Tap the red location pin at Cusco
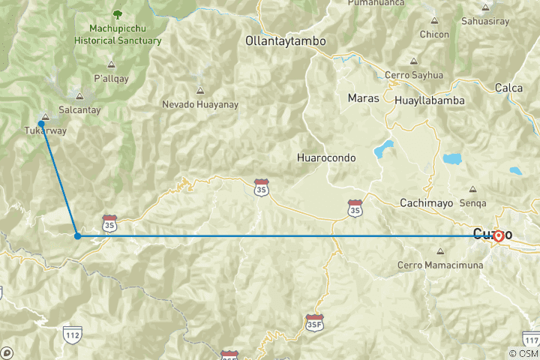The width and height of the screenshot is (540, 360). (499, 235)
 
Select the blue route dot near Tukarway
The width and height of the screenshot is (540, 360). (41, 124)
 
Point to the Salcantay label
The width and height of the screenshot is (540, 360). (79, 109)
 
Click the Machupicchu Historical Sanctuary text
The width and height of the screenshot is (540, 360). (118, 33)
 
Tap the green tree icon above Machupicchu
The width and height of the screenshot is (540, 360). (117, 13)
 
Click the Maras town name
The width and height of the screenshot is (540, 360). (362, 98)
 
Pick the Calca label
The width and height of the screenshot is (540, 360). (508, 88)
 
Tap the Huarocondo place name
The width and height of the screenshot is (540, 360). (325, 158)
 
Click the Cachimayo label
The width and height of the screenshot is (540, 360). (427, 202)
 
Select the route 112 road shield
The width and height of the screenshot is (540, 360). (72, 333)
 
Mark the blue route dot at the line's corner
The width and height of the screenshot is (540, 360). (77, 236)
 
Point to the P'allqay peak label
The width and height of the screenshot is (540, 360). (111, 77)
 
